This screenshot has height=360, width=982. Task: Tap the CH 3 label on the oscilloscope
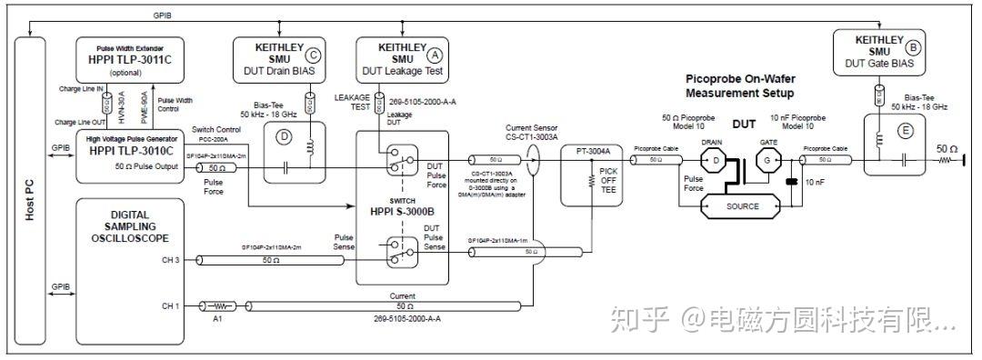click(x=170, y=261)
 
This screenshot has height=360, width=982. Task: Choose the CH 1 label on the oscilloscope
click(x=170, y=306)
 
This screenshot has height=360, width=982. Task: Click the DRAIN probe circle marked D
click(x=716, y=162)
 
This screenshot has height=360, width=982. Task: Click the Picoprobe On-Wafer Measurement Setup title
click(x=739, y=86)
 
